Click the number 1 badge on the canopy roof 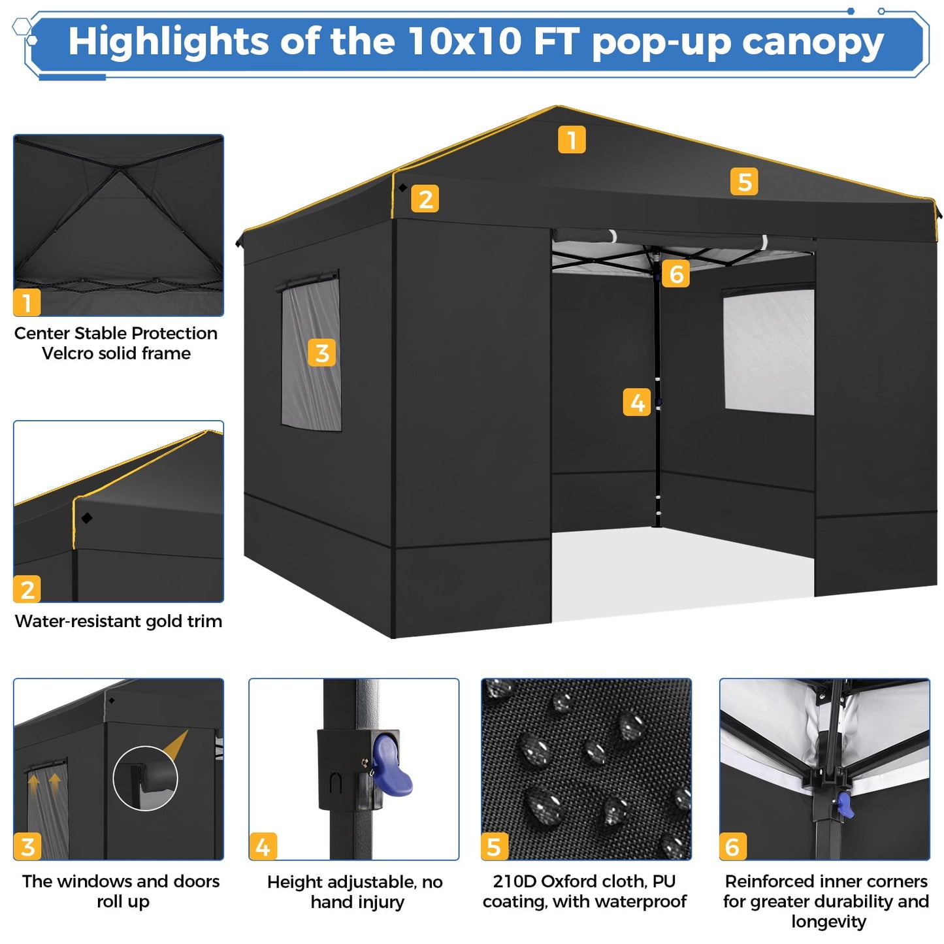tap(572, 140)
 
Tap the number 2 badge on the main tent tap(425, 199)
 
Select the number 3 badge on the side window tap(321, 353)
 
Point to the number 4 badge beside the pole tap(637, 402)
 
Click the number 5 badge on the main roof tap(744, 182)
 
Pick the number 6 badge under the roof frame tap(675, 274)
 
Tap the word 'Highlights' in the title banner tap(167, 42)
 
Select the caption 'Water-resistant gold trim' tap(118, 621)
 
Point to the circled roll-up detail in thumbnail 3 tap(145, 779)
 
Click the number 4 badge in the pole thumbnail tap(263, 847)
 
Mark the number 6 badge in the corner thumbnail tap(732, 847)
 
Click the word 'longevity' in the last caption tap(828, 922)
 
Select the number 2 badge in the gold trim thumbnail tap(27, 589)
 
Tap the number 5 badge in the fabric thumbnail tap(494, 847)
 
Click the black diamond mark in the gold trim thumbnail tap(87, 518)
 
